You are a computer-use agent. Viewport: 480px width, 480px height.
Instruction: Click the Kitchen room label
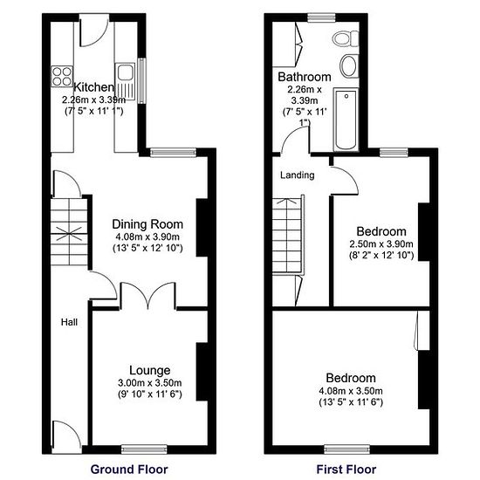[93, 87]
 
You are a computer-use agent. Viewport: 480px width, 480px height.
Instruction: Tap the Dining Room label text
[147, 223]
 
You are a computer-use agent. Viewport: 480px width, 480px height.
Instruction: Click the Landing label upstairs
[297, 175]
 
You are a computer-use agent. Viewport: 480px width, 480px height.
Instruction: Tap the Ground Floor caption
[135, 469]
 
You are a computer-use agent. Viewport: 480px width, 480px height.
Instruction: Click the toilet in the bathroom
[348, 39]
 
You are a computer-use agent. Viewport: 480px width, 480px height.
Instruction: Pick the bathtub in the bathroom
[346, 120]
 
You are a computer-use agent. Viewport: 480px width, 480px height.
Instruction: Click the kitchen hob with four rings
[62, 76]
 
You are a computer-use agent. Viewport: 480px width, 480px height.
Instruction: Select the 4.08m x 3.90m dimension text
[147, 237]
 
